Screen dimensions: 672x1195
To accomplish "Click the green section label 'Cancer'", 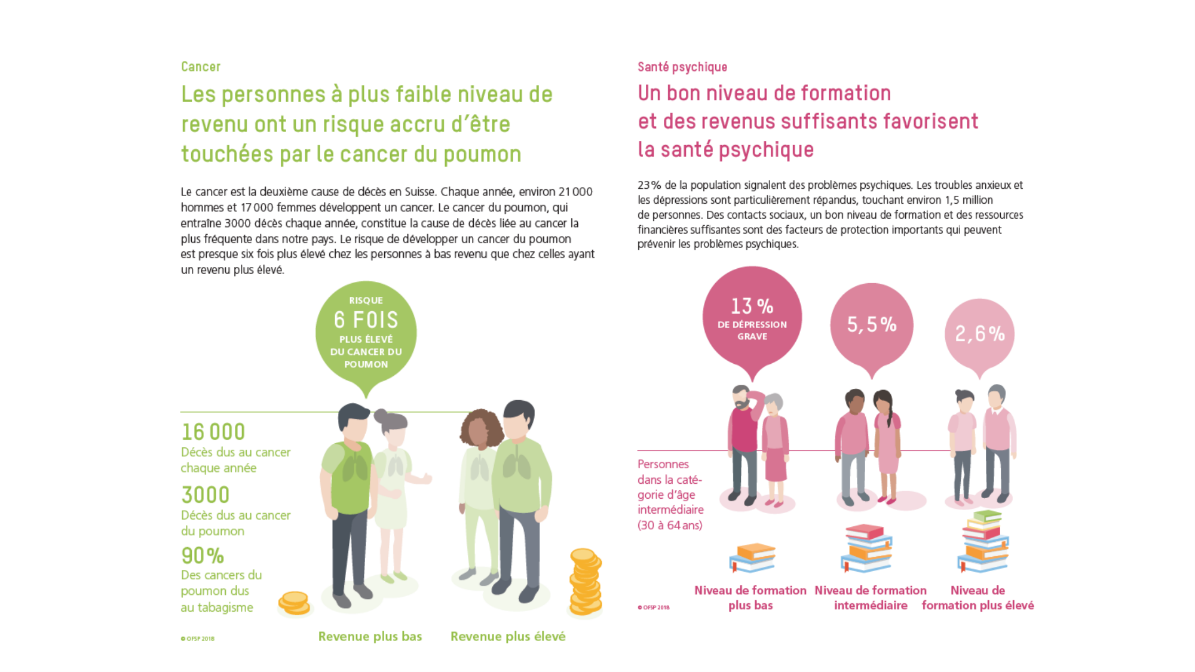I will pos(201,67).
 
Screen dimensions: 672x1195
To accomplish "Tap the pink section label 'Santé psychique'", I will pos(682,67).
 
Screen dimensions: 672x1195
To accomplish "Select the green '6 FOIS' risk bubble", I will pos(366,332).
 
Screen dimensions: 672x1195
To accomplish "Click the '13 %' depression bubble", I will pos(752,317).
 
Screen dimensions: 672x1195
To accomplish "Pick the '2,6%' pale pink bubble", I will pos(979,333).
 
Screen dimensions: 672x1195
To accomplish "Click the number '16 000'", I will pos(213,432).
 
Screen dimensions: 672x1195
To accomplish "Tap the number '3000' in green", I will pos(206,495).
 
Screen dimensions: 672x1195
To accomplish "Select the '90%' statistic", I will pos(203,556).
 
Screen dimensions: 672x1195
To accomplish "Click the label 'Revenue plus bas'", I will pos(370,636).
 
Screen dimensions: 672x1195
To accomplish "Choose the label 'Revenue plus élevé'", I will pos(508,636).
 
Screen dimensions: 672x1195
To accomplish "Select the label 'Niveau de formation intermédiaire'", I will pos(871,597).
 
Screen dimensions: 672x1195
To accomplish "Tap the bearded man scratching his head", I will pos(744,442).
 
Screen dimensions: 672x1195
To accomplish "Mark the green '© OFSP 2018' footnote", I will pos(198,639).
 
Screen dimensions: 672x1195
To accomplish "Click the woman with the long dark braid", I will pos(887,445).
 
